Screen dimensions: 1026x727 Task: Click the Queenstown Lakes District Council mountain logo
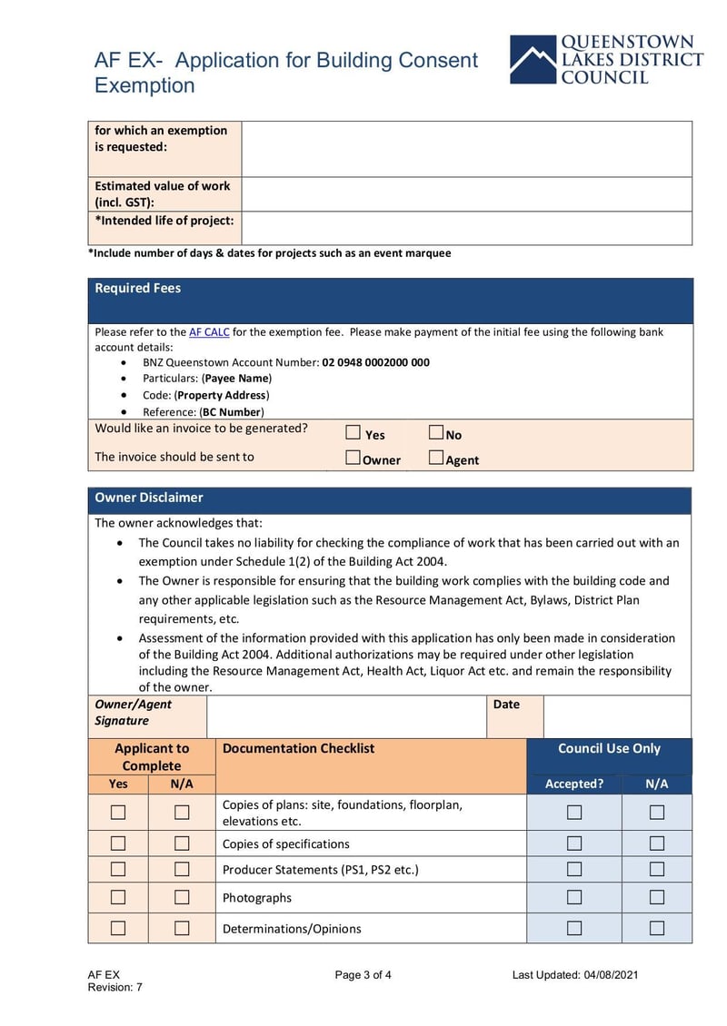coord(533,60)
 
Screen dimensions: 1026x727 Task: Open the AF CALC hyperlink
coord(209,332)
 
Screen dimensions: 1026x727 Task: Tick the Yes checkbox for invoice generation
coord(354,433)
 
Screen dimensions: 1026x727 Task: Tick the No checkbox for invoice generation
coord(435,433)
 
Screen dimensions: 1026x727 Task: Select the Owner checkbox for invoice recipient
coord(354,459)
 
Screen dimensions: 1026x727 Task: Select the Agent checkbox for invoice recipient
coord(435,459)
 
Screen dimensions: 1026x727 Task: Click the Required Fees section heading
coord(138,289)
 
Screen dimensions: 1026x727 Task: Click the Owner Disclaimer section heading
coord(149,498)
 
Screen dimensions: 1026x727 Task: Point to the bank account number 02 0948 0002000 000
coord(375,362)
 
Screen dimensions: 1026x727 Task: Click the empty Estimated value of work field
coord(466,193)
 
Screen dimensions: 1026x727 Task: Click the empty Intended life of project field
coord(466,228)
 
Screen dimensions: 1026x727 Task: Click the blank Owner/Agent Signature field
coord(346,716)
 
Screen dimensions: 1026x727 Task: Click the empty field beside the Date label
coord(616,716)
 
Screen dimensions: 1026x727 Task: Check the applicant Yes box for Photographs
coord(118,897)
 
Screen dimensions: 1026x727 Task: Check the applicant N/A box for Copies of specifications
coord(182,843)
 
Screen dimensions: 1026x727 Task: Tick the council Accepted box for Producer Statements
coord(574,869)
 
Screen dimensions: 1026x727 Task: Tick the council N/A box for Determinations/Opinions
coord(656,928)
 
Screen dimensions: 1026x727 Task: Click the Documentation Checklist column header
coord(298,749)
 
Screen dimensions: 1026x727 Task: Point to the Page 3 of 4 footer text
coord(363,975)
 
